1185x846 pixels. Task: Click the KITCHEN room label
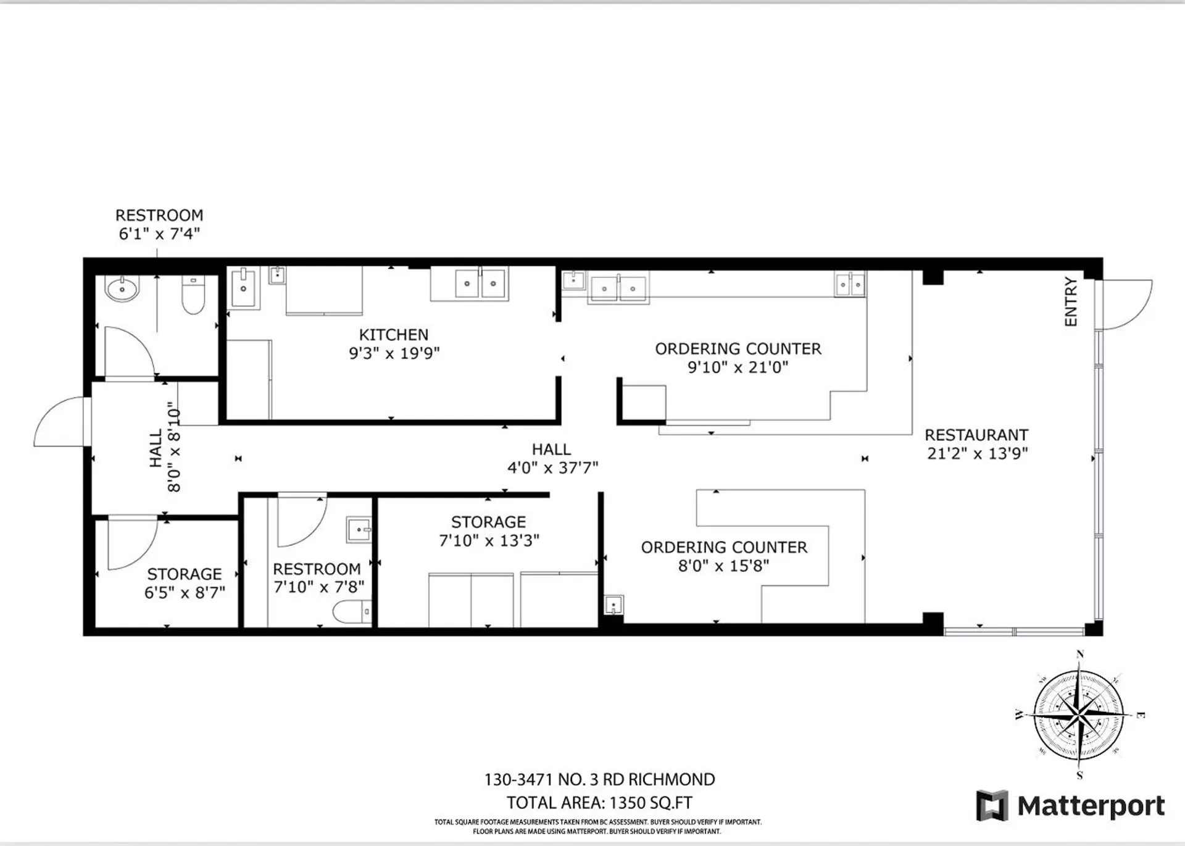coord(393,335)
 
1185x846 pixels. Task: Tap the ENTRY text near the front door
coord(1071,302)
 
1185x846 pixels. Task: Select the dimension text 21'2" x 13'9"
coord(977,453)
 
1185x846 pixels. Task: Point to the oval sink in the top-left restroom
coord(122,288)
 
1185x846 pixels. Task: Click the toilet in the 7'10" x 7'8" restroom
coord(352,612)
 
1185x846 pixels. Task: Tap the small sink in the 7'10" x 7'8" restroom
coord(359,530)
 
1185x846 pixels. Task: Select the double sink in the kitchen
coord(480,283)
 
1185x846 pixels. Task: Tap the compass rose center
coord(1079,715)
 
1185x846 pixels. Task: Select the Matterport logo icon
coord(992,806)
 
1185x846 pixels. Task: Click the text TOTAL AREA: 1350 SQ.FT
coord(599,803)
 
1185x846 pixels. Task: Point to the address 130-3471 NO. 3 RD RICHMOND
coord(599,779)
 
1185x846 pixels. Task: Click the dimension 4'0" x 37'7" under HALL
coord(552,468)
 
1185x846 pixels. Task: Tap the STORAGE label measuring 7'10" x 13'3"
coord(488,522)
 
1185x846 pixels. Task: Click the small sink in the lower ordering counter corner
coord(613,604)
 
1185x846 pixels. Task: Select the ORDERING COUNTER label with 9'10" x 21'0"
coord(738,349)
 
